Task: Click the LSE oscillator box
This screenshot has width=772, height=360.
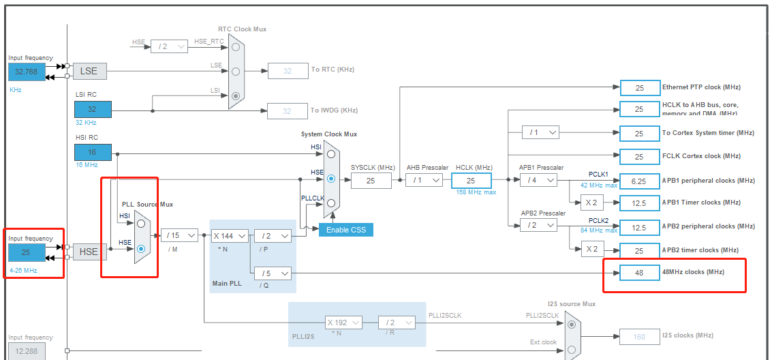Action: [x=89, y=71]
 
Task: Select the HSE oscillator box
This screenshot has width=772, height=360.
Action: [x=89, y=252]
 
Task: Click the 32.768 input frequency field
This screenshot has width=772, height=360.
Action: [x=26, y=71]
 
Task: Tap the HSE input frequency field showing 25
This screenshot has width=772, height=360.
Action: [x=26, y=252]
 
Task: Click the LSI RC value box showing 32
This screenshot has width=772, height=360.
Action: [x=93, y=109]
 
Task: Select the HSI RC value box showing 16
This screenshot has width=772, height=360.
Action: [x=93, y=153]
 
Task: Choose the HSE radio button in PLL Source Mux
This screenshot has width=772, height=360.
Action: [x=141, y=250]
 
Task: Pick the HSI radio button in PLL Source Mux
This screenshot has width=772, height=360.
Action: [x=141, y=223]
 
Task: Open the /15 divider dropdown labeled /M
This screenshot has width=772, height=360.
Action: [x=179, y=235]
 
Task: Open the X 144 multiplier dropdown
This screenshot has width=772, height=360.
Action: [x=229, y=235]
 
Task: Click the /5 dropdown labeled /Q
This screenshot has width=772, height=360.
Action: [x=273, y=273]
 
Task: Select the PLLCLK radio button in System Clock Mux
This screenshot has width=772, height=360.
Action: [x=331, y=203]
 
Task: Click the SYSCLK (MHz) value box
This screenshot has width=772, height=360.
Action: [x=371, y=181]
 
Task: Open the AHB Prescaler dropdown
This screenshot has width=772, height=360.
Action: [x=424, y=181]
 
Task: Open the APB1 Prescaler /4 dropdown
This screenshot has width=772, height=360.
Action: [x=538, y=180]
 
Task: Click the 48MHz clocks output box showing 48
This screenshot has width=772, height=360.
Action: [x=639, y=273]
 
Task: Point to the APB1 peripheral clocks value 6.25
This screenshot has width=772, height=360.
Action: [x=639, y=181]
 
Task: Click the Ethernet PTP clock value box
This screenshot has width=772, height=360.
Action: [x=639, y=88]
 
